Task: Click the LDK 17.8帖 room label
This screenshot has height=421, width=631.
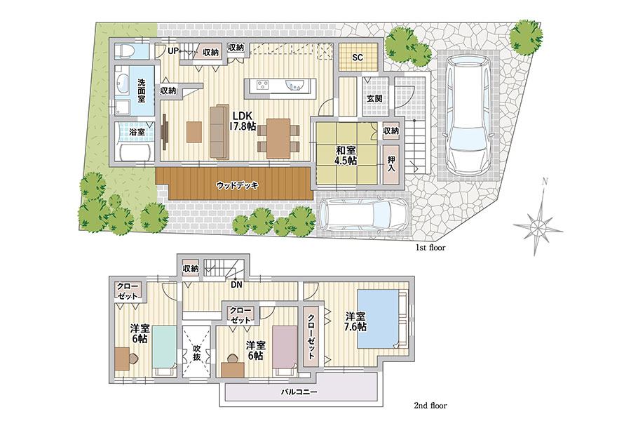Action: (x=243, y=121)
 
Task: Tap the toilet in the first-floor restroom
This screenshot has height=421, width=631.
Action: (x=125, y=52)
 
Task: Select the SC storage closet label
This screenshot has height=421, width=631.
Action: (x=358, y=58)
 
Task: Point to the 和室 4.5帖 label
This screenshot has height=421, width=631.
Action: (x=346, y=155)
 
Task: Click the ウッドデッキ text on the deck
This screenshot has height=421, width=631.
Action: (x=237, y=186)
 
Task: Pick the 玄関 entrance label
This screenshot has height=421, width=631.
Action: (x=374, y=98)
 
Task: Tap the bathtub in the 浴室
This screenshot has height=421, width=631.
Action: (x=135, y=152)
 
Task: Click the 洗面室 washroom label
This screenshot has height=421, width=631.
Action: (x=141, y=91)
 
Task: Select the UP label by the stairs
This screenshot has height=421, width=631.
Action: (x=173, y=51)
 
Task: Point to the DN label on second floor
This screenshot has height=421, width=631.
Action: (x=237, y=284)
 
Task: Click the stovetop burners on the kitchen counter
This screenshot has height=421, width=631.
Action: (x=263, y=85)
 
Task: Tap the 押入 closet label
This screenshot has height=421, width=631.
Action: (x=391, y=163)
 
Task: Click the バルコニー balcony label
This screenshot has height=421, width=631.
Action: (x=299, y=392)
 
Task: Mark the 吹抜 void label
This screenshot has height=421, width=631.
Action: (x=196, y=352)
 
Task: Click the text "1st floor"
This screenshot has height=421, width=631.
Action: (x=430, y=248)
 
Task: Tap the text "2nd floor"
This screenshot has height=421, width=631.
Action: (x=430, y=406)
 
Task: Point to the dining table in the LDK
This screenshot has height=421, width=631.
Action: (x=278, y=138)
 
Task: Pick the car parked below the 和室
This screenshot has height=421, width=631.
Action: (x=363, y=214)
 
